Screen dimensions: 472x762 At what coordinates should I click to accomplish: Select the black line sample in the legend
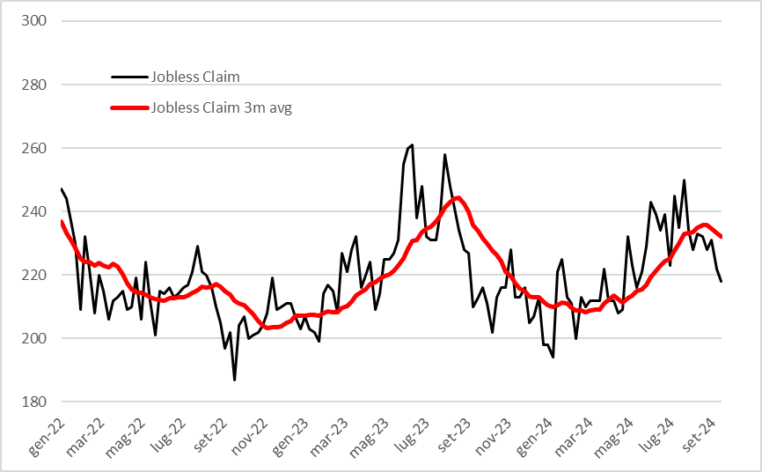click(129, 77)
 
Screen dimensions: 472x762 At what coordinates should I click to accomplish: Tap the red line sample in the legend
click(129, 108)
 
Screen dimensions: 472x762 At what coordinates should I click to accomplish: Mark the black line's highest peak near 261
click(412, 145)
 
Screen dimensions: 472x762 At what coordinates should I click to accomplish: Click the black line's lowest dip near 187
click(234, 380)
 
